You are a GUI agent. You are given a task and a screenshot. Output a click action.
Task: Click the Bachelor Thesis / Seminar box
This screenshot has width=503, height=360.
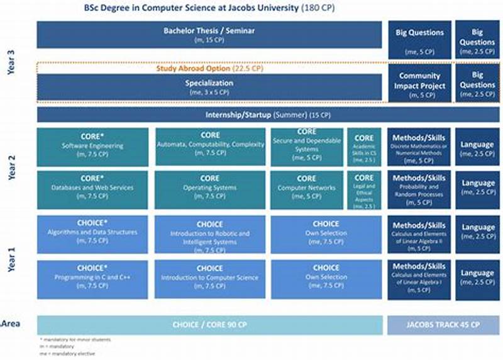tap(209, 35)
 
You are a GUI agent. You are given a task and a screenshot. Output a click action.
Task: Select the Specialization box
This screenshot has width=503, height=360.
tap(209, 87)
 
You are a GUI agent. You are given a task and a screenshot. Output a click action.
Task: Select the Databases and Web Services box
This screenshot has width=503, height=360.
tap(92, 189)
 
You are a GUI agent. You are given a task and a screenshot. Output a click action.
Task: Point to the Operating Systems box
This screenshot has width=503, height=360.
tap(210, 189)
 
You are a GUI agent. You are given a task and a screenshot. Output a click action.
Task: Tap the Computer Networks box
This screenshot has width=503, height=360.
tap(306, 189)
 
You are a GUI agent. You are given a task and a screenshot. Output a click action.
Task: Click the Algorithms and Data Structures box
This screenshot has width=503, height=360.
tap(92, 234)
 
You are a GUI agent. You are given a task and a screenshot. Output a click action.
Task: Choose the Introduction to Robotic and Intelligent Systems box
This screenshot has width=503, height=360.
tap(210, 234)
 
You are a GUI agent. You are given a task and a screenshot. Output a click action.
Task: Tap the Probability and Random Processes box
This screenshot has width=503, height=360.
tap(419, 189)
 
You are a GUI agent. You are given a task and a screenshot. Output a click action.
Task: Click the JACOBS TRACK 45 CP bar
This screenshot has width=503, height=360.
tap(443, 325)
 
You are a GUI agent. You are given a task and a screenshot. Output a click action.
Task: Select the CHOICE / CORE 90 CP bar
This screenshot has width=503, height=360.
tap(209, 325)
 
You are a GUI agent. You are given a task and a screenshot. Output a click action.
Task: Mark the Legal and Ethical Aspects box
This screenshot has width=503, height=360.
tap(363, 189)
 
